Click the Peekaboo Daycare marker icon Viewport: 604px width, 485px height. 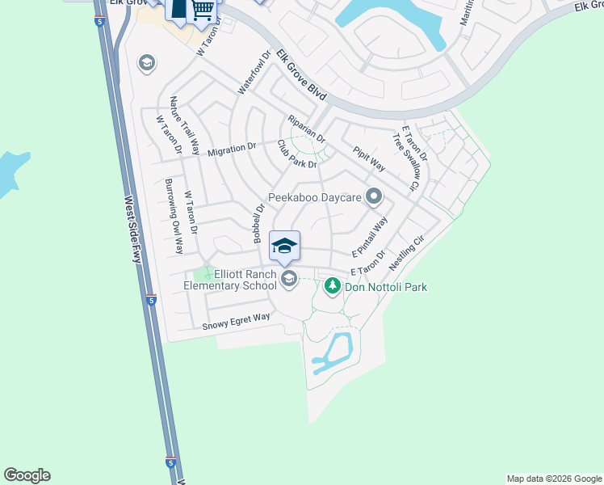pyautogui.click(x=373, y=196)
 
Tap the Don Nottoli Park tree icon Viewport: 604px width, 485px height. pyautogui.click(x=332, y=285)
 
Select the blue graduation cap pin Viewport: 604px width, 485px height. pyautogui.click(x=284, y=246)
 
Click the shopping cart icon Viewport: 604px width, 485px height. pyautogui.click(x=203, y=11)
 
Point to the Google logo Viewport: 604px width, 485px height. pyautogui.click(x=27, y=475)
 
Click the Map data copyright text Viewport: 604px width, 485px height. pyautogui.click(x=553, y=479)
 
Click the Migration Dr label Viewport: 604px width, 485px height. pyautogui.click(x=232, y=149)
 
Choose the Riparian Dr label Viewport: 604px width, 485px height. pyautogui.click(x=307, y=129)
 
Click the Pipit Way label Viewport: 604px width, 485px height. pyautogui.click(x=368, y=158)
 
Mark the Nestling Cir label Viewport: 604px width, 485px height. pyautogui.click(x=406, y=254)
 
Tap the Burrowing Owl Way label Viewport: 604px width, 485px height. pyautogui.click(x=174, y=216)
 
